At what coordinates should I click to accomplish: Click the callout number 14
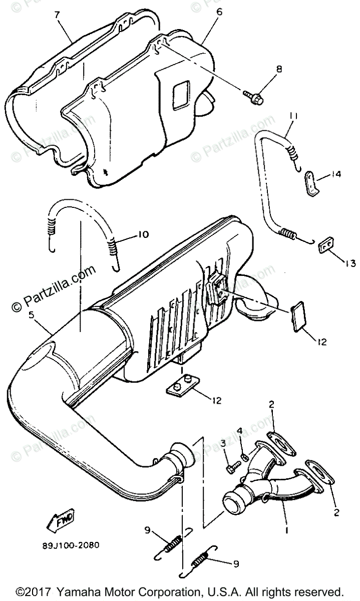click(336, 175)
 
